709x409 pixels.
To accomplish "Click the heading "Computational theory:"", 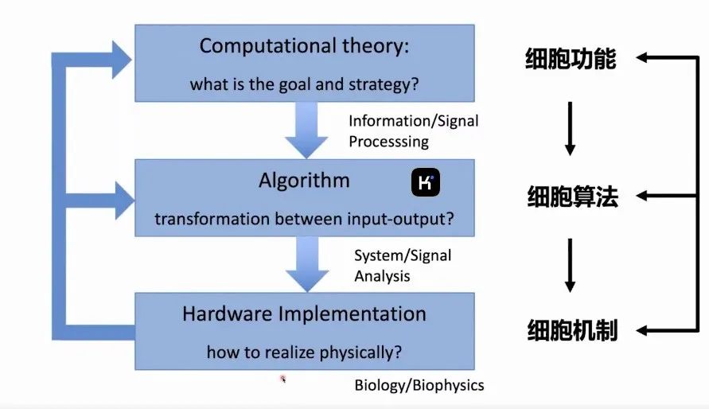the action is click(304, 46).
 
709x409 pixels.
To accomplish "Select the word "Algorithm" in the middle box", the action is click(304, 181).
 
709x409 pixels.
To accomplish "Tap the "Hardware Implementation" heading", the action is click(304, 314).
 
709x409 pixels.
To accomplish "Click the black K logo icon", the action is click(426, 182).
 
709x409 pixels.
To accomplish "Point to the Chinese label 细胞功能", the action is click(571, 59).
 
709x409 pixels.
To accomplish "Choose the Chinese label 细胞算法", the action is click(572, 197).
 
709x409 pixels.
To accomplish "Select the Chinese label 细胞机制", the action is click(572, 330).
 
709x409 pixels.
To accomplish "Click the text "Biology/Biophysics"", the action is click(419, 385).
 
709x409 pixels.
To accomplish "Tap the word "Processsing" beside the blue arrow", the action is click(389, 142).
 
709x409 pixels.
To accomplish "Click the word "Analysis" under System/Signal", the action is click(382, 275).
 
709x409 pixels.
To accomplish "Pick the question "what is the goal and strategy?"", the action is click(304, 84).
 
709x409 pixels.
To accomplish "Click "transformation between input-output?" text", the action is click(304, 219).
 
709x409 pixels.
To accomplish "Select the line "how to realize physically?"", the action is click(304, 352).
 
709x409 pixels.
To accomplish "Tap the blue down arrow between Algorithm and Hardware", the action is click(307, 264).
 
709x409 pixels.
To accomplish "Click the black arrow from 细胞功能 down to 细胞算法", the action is click(571, 129).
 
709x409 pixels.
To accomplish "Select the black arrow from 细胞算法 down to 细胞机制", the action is click(571, 266).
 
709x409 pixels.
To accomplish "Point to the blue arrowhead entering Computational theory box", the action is click(121, 60).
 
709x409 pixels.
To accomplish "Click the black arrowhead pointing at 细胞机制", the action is click(642, 330).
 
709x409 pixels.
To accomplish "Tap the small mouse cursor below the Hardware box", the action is click(282, 379).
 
